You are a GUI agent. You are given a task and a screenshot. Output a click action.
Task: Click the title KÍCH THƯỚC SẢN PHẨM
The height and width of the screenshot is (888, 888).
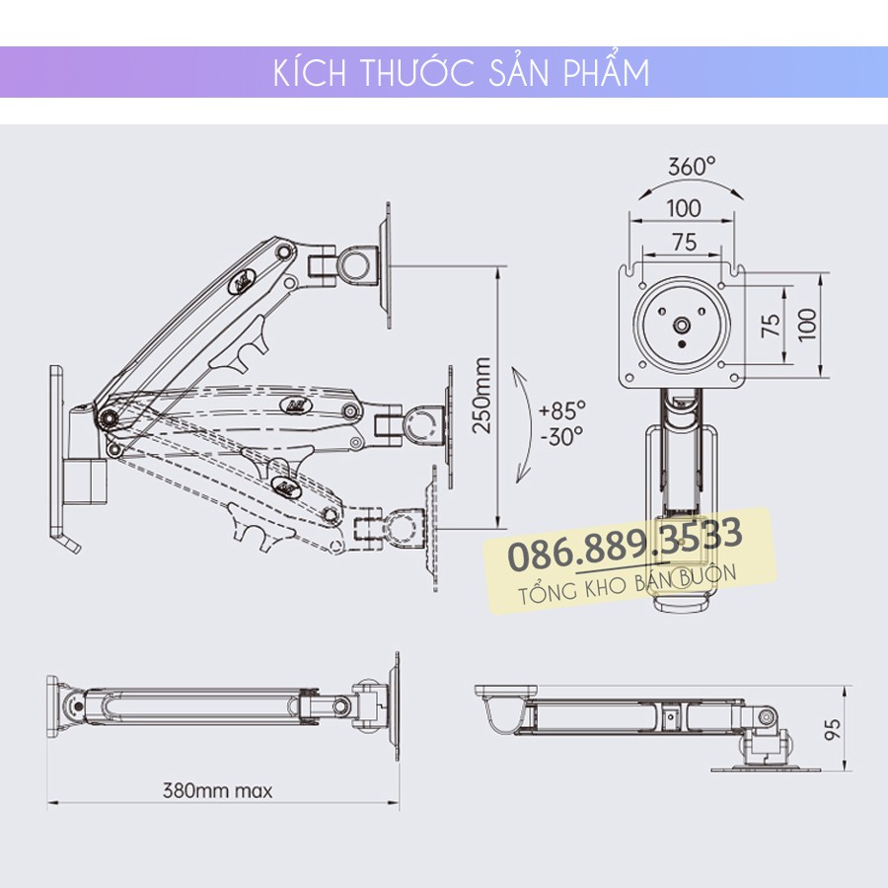[x=461, y=74]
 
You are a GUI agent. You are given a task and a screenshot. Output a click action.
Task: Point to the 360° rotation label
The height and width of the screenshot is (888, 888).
[x=690, y=166]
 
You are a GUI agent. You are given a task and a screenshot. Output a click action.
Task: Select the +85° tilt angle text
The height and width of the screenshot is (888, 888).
[x=562, y=408]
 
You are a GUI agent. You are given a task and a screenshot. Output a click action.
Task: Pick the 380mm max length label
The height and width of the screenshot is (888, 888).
[x=217, y=789]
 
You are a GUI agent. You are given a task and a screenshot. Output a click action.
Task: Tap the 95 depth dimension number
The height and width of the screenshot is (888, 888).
[x=834, y=729]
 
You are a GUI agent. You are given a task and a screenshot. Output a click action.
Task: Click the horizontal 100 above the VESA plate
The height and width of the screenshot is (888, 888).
[x=683, y=207]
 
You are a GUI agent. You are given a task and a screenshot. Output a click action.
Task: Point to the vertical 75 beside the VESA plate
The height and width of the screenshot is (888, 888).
[x=773, y=326]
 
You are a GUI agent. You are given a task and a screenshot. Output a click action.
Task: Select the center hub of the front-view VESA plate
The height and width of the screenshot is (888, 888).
[x=682, y=323]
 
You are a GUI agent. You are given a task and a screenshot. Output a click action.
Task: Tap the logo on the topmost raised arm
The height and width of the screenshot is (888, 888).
[x=243, y=280]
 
